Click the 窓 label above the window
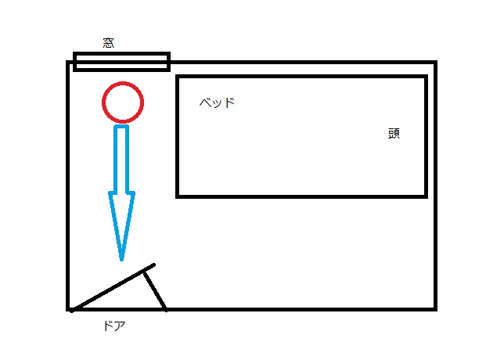pos(109,43)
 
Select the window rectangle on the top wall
pos(121,62)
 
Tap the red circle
pos(123,103)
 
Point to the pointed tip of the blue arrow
pos(121,257)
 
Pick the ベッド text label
pos(217,103)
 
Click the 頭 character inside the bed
pos(394,133)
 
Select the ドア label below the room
pos(114,326)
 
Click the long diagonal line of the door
pos(110,289)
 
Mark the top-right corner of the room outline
pos(434,63)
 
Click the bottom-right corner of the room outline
pos(434,308)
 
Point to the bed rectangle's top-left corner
pos(178,77)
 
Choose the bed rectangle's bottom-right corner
pos(426,195)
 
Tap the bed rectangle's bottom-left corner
pos(178,195)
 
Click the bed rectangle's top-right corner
pos(426,77)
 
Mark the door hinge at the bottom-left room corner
pos(70,309)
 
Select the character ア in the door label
pos(120,326)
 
